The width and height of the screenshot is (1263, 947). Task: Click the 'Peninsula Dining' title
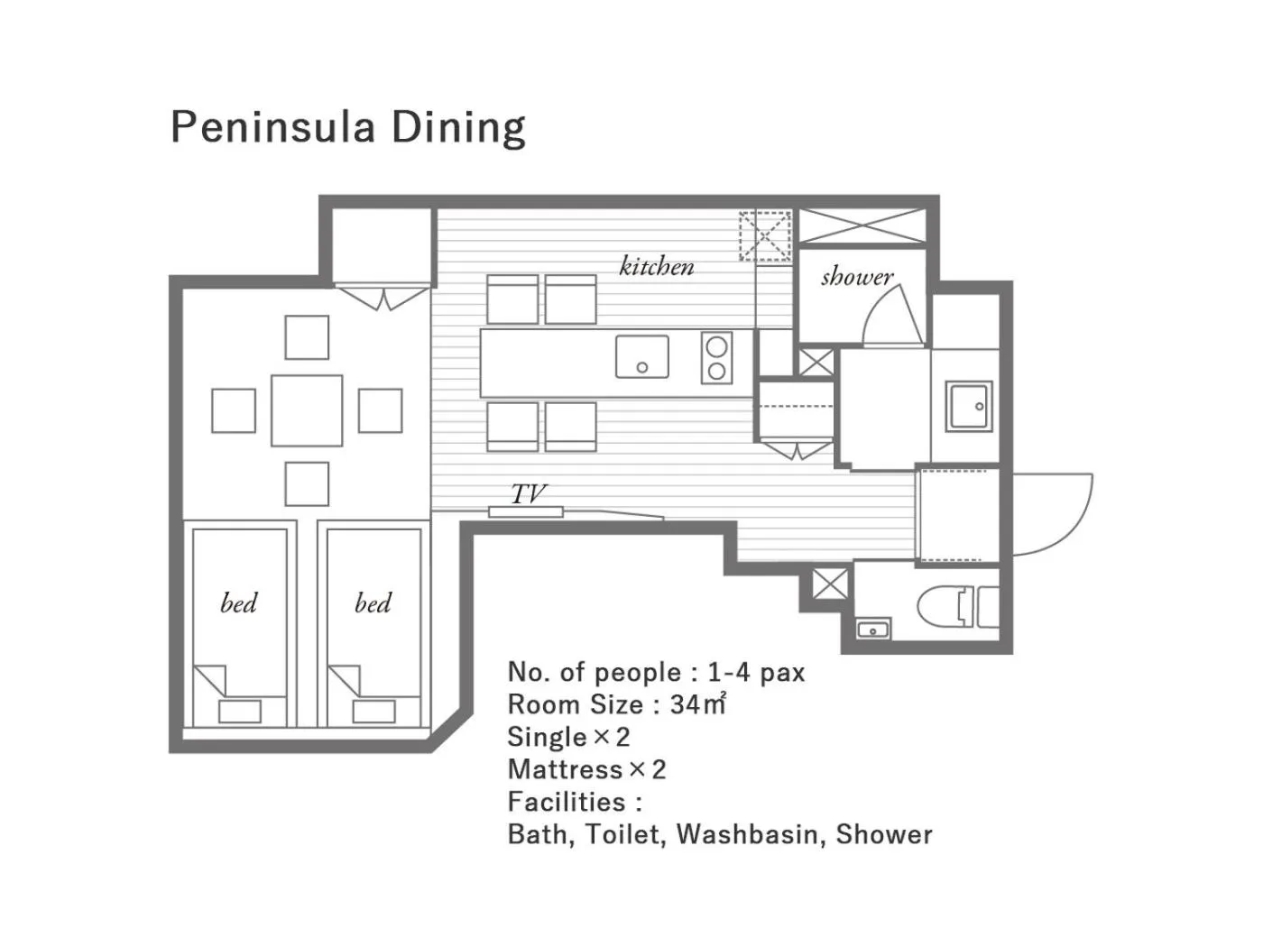pyautogui.click(x=347, y=127)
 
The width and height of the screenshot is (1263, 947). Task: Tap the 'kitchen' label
pyautogui.click(x=657, y=266)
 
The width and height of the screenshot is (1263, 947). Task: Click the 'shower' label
pyautogui.click(x=856, y=276)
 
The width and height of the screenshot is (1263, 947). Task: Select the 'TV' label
pyautogui.click(x=529, y=493)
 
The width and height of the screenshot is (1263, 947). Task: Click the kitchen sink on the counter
pyautogui.click(x=642, y=356)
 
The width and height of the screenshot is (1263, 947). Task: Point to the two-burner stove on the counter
pyautogui.click(x=716, y=358)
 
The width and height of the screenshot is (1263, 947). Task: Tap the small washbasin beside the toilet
pyautogui.click(x=872, y=629)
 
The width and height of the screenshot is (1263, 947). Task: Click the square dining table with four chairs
pyautogui.click(x=307, y=410)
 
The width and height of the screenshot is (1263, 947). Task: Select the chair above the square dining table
pyautogui.click(x=307, y=337)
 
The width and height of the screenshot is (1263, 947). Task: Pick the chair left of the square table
pyautogui.click(x=234, y=410)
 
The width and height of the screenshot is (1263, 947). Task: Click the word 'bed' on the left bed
pyautogui.click(x=239, y=602)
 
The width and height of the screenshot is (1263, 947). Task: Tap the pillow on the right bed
pyautogui.click(x=373, y=711)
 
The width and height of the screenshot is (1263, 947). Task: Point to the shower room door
pyautogui.click(x=893, y=316)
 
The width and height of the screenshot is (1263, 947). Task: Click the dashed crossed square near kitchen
pyautogui.click(x=765, y=235)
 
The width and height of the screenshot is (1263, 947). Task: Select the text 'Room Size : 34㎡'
pyautogui.click(x=616, y=704)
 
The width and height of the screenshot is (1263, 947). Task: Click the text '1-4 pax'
pyautogui.click(x=756, y=672)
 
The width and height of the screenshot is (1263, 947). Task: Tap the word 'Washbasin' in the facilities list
pyautogui.click(x=748, y=834)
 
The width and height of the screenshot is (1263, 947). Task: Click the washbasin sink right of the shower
pyautogui.click(x=969, y=406)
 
